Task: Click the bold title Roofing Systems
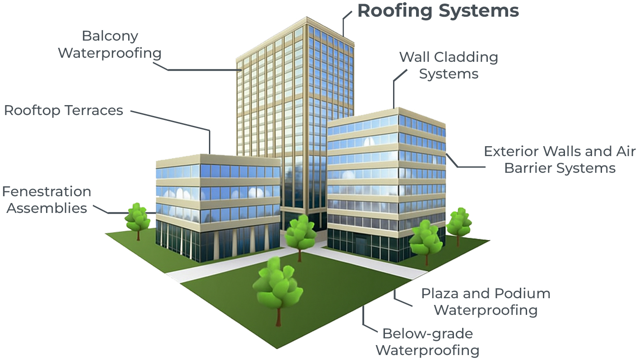(438, 11)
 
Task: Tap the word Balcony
(110, 36)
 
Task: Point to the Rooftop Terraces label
(64, 111)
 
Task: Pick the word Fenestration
(46, 192)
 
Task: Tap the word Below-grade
(427, 334)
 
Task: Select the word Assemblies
(47, 208)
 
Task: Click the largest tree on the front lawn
(277, 284)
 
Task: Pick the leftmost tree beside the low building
(137, 217)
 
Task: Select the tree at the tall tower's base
(300, 232)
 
